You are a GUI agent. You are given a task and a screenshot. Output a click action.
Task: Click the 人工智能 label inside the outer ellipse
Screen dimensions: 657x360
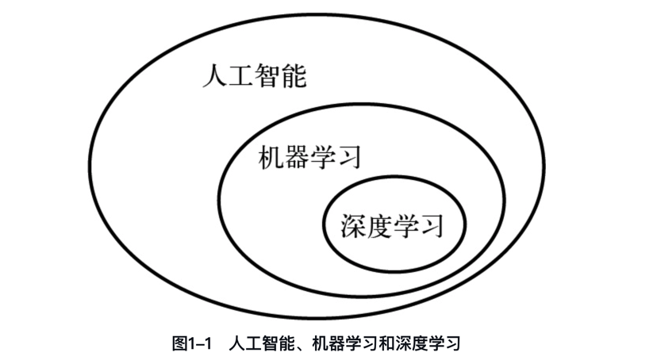tap(254, 78)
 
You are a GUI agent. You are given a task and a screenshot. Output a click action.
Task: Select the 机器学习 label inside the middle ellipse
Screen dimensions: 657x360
tap(309, 158)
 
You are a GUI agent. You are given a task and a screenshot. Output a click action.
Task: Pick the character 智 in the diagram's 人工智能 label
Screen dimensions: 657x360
tap(267, 78)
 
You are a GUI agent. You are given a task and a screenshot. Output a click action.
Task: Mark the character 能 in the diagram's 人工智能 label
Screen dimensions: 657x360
tap(294, 78)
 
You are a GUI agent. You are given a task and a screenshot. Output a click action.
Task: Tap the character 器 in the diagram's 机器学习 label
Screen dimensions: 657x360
tap(297, 158)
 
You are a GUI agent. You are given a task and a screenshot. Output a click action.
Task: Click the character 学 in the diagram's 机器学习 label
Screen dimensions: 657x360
tap(323, 158)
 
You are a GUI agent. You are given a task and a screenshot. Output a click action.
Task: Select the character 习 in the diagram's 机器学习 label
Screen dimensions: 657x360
tap(349, 158)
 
